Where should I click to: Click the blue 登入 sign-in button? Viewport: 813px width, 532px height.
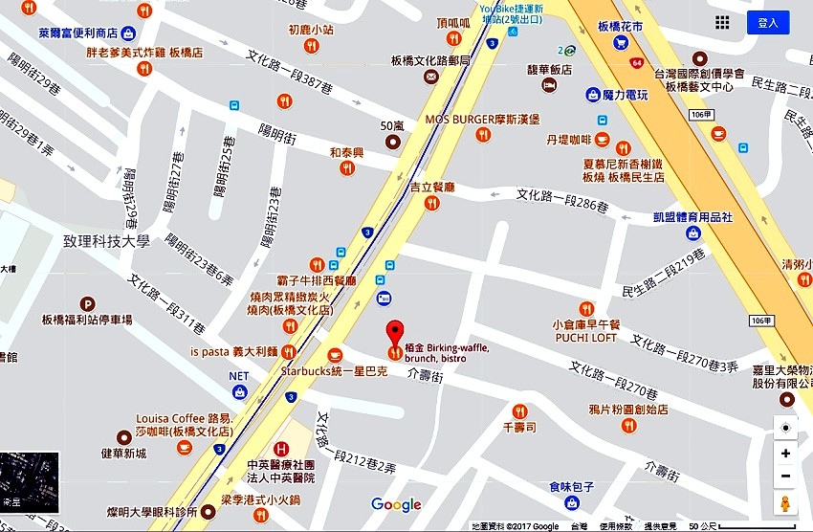tap(767, 22)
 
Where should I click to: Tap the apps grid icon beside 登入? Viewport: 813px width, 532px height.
tap(722, 22)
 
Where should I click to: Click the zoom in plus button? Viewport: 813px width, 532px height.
tap(785, 454)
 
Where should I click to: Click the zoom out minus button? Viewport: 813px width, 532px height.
tap(785, 477)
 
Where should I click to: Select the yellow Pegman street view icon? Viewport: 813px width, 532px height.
tap(785, 503)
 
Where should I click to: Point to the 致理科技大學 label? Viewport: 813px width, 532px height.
tap(107, 242)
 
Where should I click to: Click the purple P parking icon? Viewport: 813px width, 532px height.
tap(88, 302)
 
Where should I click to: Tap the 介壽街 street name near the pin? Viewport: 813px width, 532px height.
tap(425, 378)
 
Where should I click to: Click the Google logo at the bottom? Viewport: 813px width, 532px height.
tap(396, 505)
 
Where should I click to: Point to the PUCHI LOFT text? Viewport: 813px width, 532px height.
tap(584, 338)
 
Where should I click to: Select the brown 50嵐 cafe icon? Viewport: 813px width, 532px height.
tap(393, 142)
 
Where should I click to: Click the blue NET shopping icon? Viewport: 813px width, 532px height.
tap(239, 391)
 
